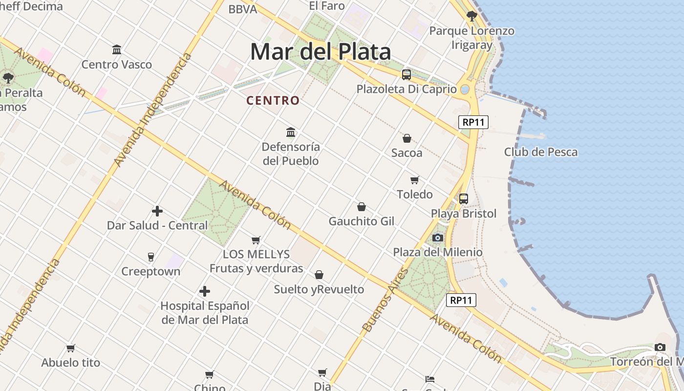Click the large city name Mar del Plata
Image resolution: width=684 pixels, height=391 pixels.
321,52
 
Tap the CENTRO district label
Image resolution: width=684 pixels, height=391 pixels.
273,101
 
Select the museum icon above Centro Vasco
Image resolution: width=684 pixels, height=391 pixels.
117,49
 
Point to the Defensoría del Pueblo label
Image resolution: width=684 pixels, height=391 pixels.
291,153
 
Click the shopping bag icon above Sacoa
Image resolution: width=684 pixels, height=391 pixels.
406,138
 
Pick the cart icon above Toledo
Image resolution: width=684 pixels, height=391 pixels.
415,180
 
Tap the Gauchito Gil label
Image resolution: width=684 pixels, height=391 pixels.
361,221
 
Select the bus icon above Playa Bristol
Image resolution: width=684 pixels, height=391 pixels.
463,199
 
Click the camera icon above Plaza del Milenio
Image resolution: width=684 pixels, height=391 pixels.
438,238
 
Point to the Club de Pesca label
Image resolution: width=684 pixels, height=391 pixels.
540,152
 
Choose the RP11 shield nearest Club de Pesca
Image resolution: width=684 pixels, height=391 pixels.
473,122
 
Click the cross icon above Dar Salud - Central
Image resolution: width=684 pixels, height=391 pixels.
157,211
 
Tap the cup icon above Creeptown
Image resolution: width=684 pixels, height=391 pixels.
151,257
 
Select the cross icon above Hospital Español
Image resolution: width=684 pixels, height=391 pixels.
205,292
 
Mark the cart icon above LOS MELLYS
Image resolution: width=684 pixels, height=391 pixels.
256,240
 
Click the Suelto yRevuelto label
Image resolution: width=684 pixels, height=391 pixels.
319,289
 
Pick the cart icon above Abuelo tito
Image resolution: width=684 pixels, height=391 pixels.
71,348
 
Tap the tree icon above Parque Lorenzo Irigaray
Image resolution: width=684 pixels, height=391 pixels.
471,16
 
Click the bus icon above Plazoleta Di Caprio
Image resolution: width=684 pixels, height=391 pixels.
406,75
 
